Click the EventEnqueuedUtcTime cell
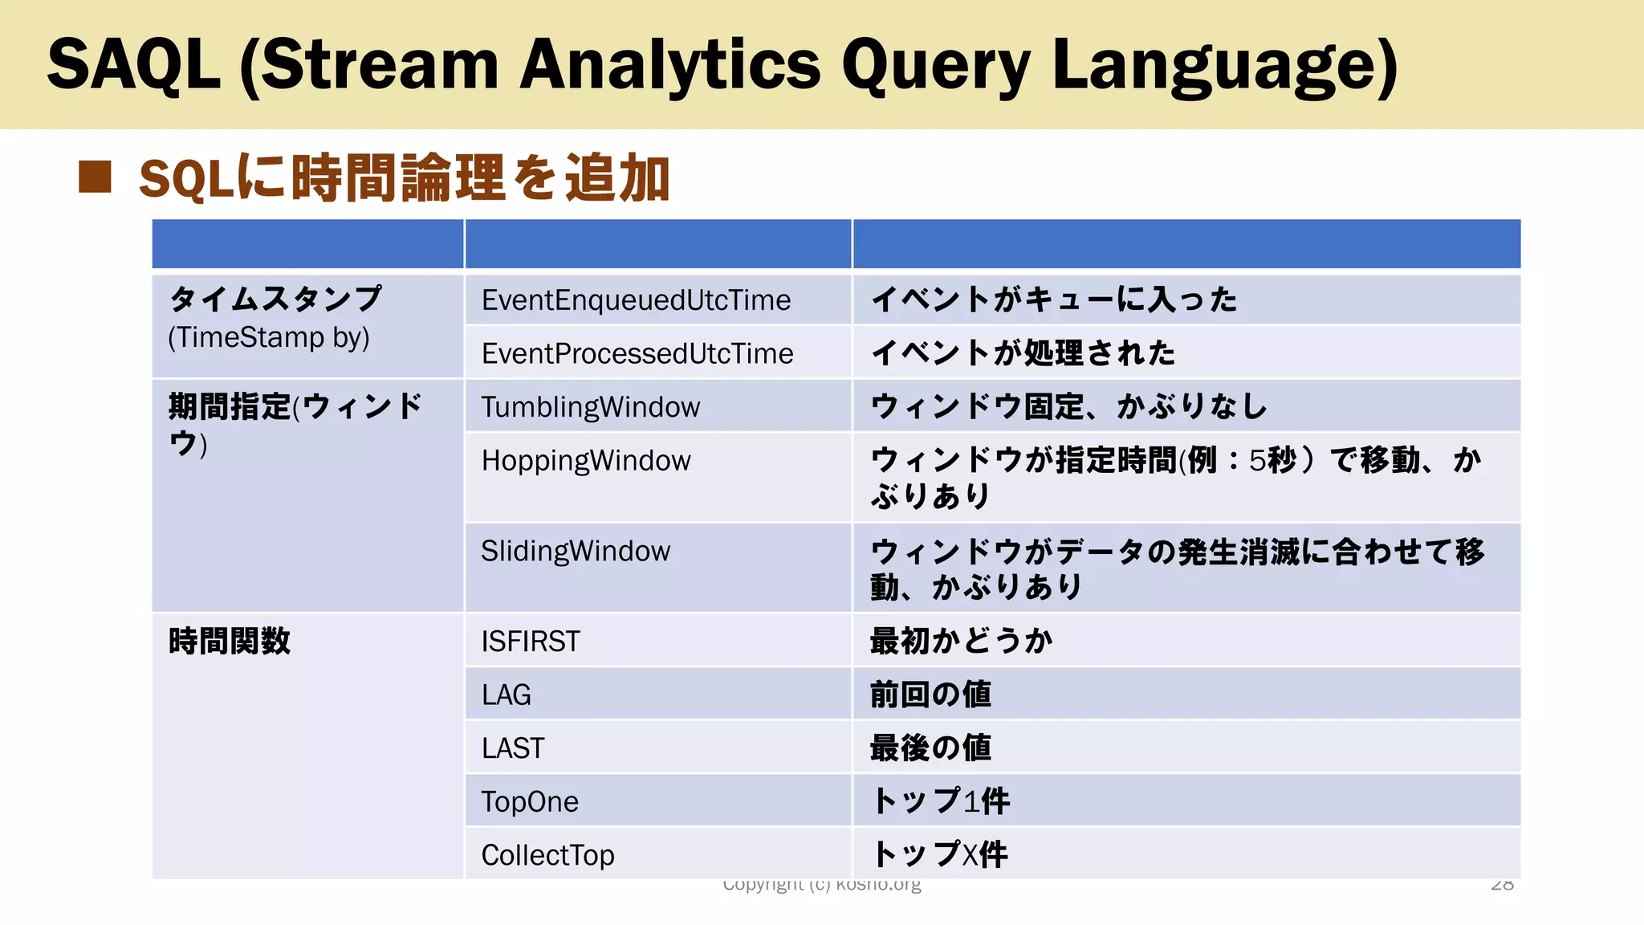click(636, 300)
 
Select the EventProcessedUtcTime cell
click(637, 353)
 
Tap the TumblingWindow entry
click(591, 407)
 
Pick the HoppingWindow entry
click(586, 461)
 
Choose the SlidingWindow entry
click(576, 552)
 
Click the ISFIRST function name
click(531, 642)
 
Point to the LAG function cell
click(507, 695)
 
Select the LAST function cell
click(513, 748)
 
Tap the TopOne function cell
click(530, 801)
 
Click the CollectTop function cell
click(547, 855)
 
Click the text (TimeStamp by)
click(269, 337)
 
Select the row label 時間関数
click(230, 642)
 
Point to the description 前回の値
click(930, 695)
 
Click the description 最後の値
click(930, 748)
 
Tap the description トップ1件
click(940, 801)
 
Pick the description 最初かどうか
click(961, 642)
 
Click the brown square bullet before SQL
click(95, 177)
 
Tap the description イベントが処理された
click(1023, 353)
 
